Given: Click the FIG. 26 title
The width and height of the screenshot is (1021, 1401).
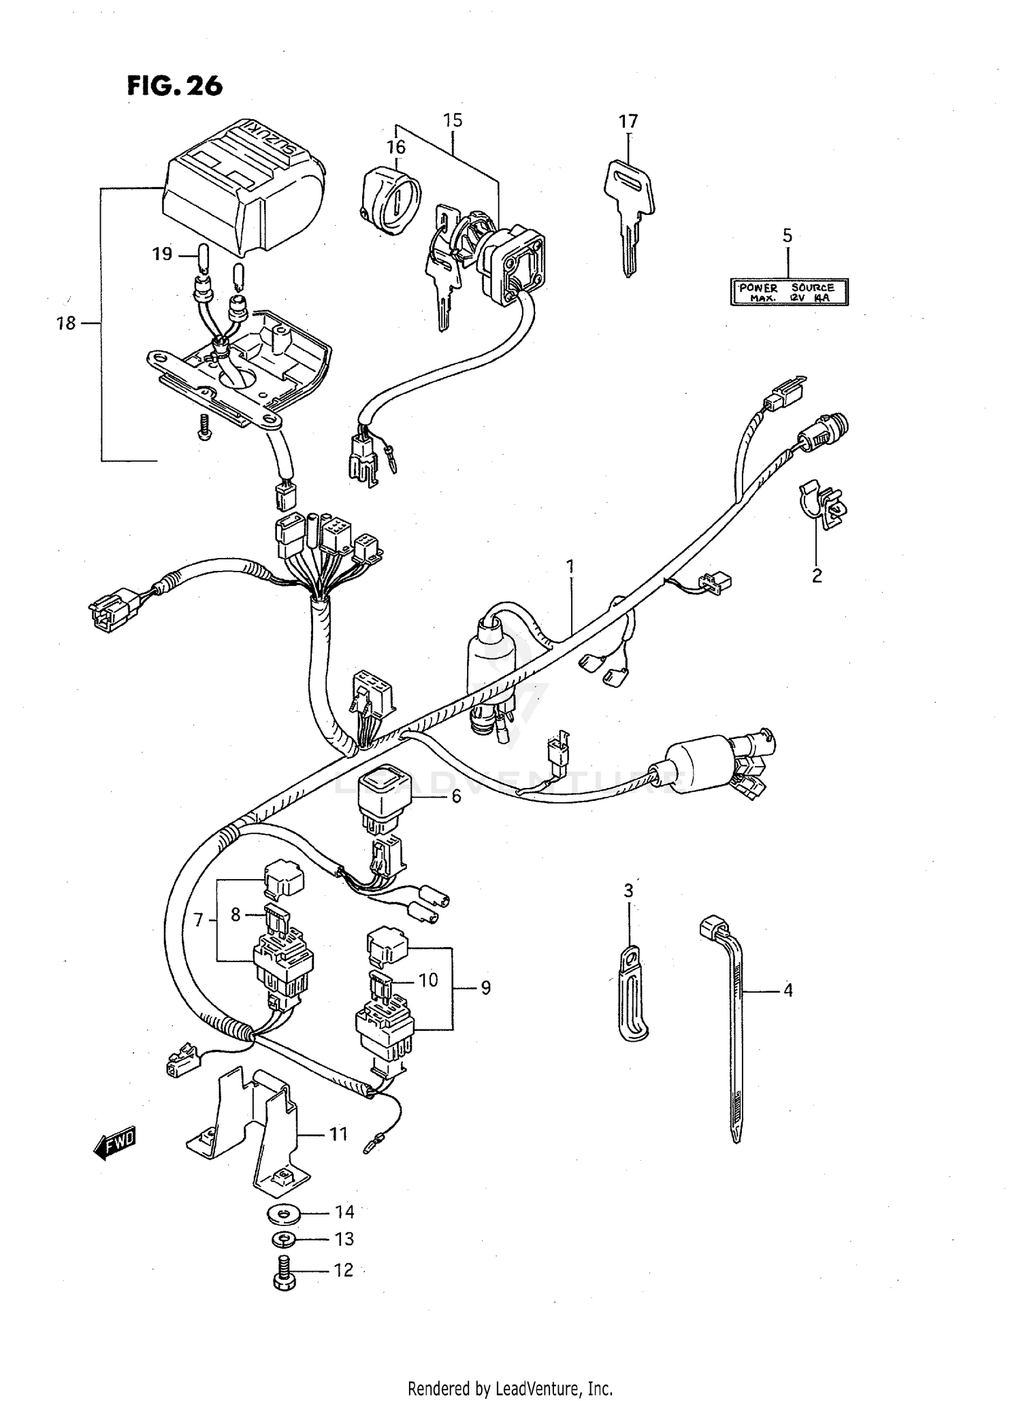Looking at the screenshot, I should coord(175,86).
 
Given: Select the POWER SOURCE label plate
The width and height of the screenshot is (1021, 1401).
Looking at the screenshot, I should coord(790,292).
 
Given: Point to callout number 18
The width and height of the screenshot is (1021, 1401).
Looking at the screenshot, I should coord(66,323).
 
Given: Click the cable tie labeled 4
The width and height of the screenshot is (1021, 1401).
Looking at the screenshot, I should coord(734,1021).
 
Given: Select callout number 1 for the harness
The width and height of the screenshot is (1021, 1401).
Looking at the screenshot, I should coord(570,565).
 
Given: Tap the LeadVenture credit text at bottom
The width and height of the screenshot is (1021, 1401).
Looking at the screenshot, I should coord(510,1387).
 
